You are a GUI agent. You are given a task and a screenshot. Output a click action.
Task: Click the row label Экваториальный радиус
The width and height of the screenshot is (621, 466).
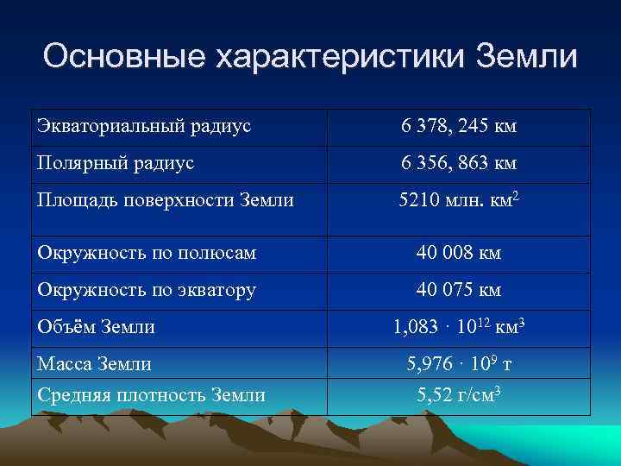tap(143, 127)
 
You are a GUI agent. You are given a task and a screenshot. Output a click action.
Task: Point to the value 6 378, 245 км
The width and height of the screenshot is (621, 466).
tap(458, 128)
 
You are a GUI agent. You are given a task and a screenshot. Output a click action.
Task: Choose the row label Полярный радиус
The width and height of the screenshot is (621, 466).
tap(115, 163)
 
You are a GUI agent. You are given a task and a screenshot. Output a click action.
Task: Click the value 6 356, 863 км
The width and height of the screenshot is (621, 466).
tap(458, 164)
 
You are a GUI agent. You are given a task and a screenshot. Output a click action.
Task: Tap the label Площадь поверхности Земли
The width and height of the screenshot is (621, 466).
tap(165, 200)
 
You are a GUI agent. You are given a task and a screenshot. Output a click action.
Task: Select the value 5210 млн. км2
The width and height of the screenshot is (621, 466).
tap(458, 200)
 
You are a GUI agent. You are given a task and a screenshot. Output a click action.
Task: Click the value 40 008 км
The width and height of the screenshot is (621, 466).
tap(458, 254)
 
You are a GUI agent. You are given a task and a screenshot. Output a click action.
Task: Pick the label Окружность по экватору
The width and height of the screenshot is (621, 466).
tap(146, 290)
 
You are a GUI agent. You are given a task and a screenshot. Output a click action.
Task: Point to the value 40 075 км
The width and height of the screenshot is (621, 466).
tap(458, 290)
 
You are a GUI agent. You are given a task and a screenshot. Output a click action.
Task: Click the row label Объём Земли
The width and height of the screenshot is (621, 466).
tap(96, 327)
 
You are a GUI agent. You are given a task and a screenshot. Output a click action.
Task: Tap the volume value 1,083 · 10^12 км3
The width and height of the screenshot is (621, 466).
tap(458, 328)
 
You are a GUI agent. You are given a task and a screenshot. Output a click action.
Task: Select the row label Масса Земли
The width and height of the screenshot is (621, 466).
tap(94, 364)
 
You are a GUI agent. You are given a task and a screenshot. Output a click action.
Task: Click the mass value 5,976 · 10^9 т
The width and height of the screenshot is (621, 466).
tap(458, 364)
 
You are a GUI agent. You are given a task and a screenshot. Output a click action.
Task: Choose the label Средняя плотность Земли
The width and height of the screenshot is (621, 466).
tap(150, 395)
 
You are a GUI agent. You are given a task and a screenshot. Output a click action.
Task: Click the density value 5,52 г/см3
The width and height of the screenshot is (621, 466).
tap(458, 396)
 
